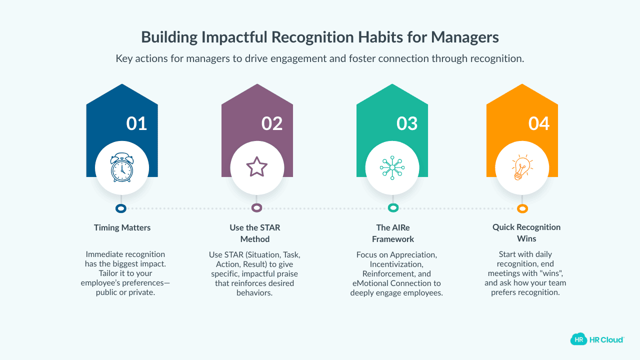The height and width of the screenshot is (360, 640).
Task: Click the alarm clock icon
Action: coord(122,167)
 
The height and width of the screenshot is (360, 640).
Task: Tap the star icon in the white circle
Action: coord(257,167)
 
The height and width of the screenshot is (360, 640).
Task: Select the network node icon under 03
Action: coord(392,167)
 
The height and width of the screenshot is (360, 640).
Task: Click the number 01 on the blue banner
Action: coord(136,123)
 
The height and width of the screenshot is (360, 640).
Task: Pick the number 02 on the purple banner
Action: coord(272,123)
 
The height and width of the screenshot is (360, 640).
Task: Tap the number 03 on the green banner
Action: coord(407,123)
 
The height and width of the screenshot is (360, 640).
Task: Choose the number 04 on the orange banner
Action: coord(539,123)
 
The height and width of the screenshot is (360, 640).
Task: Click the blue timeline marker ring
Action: coord(120,208)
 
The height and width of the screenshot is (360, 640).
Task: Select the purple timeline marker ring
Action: coord(256,208)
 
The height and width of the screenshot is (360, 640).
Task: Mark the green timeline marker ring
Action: coord(393,208)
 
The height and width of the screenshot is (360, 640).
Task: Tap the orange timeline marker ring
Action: coord(522,209)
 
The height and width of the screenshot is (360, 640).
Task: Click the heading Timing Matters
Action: coord(122,227)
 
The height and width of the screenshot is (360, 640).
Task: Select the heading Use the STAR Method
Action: coord(255,233)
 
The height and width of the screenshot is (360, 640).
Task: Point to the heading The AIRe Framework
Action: coord(393,233)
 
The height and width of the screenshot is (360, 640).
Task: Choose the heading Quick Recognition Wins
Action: coord(526,232)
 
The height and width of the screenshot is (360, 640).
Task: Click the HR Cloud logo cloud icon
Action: coord(578,339)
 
